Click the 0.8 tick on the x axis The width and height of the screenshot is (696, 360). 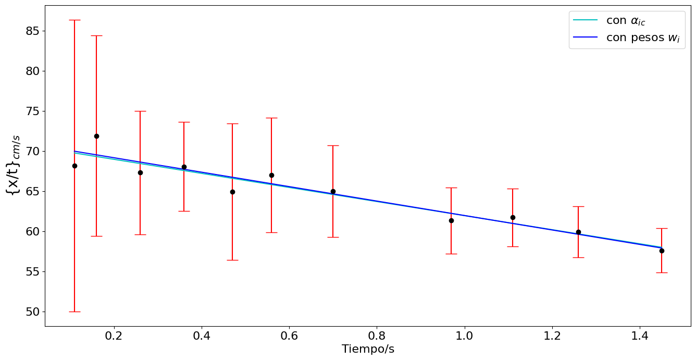click(x=377, y=326)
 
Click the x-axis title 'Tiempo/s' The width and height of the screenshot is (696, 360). click(x=368, y=349)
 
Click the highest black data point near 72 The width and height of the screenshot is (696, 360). click(x=96, y=136)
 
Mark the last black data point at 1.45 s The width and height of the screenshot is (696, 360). click(x=662, y=251)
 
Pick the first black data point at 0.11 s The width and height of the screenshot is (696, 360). click(x=74, y=166)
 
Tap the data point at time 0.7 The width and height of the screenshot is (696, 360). click(x=333, y=191)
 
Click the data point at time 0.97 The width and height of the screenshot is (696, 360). click(x=451, y=220)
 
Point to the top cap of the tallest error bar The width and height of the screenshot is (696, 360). click(x=74, y=20)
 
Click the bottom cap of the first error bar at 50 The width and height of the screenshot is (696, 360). click(x=74, y=312)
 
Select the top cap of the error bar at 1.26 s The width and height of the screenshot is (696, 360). click(x=578, y=206)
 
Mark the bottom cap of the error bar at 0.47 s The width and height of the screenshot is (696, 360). click(x=232, y=260)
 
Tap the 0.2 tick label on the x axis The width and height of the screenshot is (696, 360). click(x=114, y=336)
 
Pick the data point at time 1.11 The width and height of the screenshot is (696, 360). click(x=513, y=217)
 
